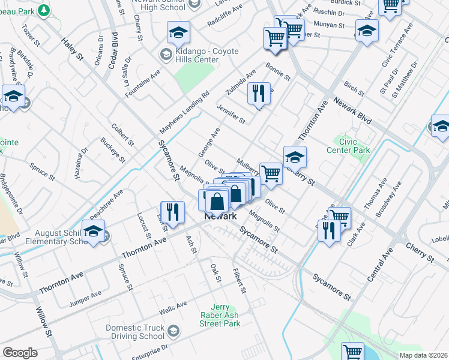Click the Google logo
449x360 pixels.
tap(20, 353)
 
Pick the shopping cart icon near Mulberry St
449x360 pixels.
tap(271, 173)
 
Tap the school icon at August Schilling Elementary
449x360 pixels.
tap(93, 231)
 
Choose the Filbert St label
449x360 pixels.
tap(240, 280)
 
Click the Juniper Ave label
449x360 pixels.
tap(85, 298)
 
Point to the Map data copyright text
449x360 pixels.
tap(424, 355)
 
